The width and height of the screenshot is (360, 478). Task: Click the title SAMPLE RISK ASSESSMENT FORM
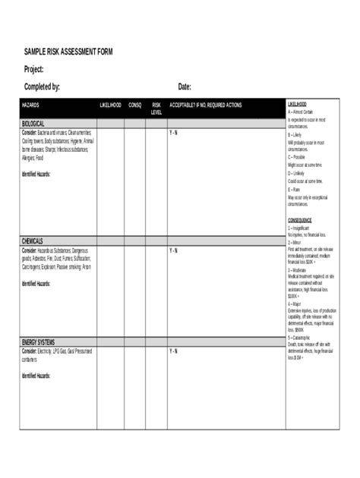pyautogui.click(x=68, y=51)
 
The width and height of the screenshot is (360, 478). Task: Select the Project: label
pyautogui.click(x=39, y=69)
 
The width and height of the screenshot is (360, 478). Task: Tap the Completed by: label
pyautogui.click(x=43, y=86)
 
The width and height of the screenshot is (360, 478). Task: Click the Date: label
pyautogui.click(x=185, y=86)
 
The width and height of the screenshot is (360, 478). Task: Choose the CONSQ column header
pyautogui.click(x=134, y=105)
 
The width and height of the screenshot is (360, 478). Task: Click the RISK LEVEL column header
pyautogui.click(x=156, y=108)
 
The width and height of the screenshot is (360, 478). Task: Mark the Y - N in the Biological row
pyautogui.click(x=173, y=132)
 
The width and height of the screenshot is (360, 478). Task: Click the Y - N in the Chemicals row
pyautogui.click(x=173, y=250)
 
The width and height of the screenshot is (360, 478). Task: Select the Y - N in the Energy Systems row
pyautogui.click(x=173, y=351)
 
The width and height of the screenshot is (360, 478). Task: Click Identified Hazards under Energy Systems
pyautogui.click(x=36, y=376)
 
